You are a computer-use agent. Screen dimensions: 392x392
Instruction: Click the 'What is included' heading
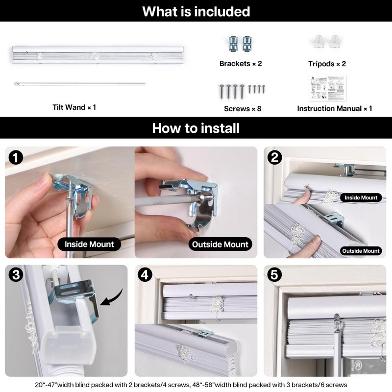(196, 11)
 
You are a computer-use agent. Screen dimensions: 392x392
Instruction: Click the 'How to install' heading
(196, 128)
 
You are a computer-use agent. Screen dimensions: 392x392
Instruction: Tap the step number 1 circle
(16, 158)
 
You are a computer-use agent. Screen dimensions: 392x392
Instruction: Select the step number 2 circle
(274, 157)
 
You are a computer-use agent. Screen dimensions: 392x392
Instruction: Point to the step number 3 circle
(16, 275)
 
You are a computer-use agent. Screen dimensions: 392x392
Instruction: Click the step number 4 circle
(145, 275)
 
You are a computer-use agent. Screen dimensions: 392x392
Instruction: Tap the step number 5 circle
(274, 275)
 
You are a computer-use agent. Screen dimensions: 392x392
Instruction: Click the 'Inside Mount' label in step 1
(89, 244)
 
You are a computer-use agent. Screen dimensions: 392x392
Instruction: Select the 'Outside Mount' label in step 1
(220, 244)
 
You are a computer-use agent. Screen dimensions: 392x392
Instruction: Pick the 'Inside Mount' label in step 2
(361, 197)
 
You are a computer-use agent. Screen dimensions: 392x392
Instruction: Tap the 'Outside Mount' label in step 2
(361, 251)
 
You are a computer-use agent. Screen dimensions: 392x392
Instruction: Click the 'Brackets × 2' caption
(241, 64)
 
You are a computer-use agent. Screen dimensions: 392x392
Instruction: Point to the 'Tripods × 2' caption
(327, 64)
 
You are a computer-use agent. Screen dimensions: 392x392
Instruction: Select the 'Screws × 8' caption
(243, 108)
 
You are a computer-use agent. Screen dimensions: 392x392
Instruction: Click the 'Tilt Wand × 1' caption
(74, 107)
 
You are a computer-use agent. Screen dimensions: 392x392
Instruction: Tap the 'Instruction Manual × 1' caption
(335, 108)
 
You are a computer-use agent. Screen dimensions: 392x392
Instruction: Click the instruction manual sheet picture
(327, 88)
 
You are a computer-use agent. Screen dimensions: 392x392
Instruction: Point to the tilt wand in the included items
(80, 84)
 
